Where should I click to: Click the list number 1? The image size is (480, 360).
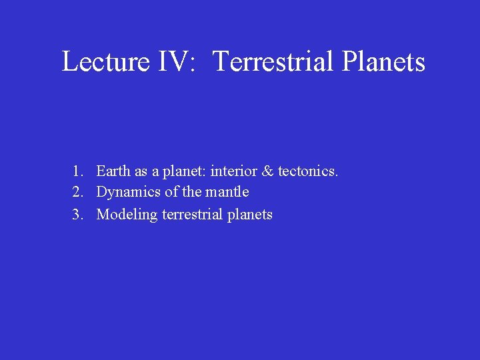78,171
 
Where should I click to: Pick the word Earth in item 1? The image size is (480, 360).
114,171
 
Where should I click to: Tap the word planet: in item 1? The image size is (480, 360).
183,172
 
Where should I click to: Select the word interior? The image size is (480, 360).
233,171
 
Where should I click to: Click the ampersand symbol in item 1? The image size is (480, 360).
268,171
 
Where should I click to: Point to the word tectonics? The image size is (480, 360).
308,171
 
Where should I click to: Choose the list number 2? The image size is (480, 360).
78,193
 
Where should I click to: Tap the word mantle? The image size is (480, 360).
227,192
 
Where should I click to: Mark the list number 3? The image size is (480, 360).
78,215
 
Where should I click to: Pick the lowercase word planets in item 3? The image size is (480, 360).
251,215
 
